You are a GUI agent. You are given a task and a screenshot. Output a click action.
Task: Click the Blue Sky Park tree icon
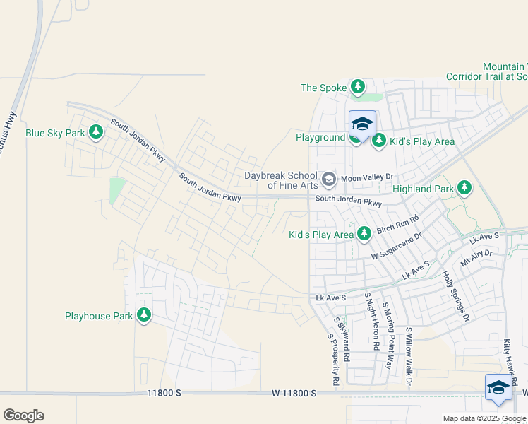(x=96, y=132)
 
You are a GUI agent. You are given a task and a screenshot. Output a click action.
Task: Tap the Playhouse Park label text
(x=99, y=316)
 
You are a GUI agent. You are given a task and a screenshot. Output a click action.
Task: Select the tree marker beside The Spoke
(x=358, y=88)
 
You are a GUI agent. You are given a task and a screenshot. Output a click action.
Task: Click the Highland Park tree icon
(x=464, y=188)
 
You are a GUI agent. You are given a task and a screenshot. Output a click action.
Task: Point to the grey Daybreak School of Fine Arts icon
(x=328, y=180)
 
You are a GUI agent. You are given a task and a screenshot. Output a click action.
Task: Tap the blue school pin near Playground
(x=362, y=124)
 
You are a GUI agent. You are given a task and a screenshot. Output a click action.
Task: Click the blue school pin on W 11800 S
(x=498, y=388)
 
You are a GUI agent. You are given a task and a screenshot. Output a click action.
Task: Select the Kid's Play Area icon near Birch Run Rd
(x=364, y=234)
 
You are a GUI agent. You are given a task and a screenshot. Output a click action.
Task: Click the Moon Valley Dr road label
(x=366, y=179)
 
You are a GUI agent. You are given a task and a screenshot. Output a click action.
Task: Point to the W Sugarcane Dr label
(x=397, y=246)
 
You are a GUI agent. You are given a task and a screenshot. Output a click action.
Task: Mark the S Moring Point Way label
(x=387, y=336)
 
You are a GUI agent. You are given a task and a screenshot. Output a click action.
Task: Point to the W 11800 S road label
(x=301, y=392)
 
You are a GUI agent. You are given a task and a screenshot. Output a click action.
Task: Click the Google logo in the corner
(x=23, y=416)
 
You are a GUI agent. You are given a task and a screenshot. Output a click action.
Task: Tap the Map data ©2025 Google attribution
(x=484, y=418)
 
